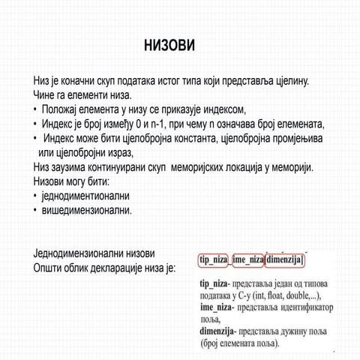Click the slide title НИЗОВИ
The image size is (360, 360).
[x=169, y=46]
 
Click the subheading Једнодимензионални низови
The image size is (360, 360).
[x=94, y=253]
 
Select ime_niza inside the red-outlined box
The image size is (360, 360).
[x=248, y=259]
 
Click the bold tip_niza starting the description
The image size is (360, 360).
[x=214, y=285]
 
